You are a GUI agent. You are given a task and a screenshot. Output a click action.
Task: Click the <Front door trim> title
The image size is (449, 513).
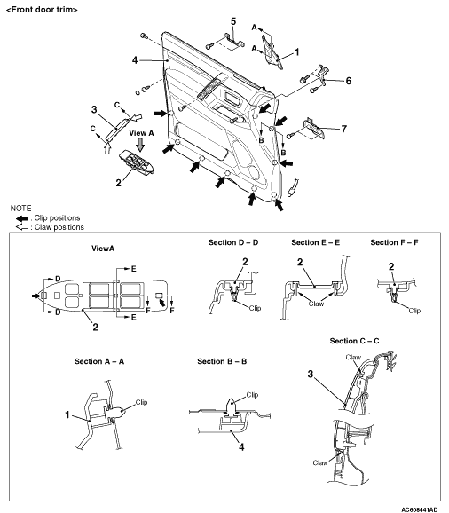pos(42,10)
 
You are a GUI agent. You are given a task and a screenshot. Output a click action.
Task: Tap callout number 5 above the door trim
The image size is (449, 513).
pos(233,21)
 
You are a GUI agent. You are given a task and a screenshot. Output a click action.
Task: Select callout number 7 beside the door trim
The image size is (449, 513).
pos(343,129)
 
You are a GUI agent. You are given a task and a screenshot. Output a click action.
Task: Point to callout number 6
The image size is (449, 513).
pos(348,81)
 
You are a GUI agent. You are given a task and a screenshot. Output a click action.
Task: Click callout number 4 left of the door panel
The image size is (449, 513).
pos(135,60)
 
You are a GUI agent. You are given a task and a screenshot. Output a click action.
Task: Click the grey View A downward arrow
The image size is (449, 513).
pos(140,145)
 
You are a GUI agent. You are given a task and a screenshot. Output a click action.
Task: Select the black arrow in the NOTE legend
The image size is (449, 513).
pos(22,218)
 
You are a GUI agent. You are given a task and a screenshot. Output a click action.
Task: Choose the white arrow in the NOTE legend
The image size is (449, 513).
pos(22,226)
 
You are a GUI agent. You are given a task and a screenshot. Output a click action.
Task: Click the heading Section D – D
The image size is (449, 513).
pos(233,242)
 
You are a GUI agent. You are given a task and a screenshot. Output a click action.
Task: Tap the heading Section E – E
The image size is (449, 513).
pos(316,242)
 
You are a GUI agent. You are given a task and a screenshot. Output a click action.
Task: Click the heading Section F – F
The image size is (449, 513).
pos(394,242)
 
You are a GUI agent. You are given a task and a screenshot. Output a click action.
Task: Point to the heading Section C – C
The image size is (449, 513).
pos(354,341)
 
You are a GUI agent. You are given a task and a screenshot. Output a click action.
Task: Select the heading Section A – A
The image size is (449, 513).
pos(99,361)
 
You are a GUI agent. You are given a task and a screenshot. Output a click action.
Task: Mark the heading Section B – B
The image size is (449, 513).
pos(222,361)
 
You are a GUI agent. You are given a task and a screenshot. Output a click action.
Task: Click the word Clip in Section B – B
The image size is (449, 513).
pos(252,395)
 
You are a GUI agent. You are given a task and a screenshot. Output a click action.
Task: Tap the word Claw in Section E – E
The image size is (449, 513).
pos(316,304)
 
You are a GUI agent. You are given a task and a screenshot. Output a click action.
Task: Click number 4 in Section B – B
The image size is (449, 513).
pos(241,447)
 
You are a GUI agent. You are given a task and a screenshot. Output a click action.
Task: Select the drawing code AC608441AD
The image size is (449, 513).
pos(419,509)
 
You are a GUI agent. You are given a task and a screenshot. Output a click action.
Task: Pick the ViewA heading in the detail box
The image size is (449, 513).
pos(103,249)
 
